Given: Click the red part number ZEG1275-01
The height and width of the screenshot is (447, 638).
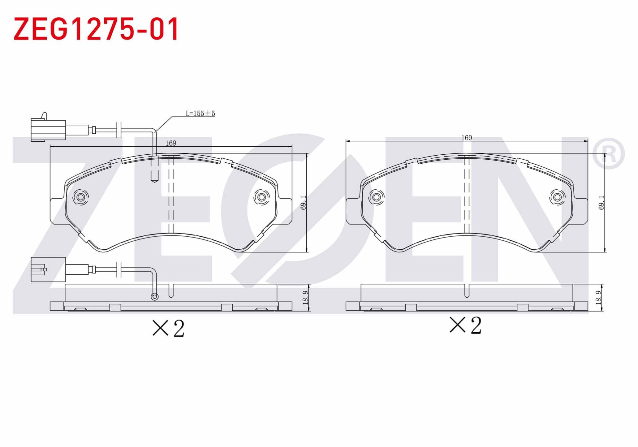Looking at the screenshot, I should coord(96,29).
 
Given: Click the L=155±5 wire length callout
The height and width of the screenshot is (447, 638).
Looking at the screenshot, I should coord(200,113).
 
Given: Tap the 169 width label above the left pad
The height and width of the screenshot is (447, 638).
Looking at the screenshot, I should coord(171,143).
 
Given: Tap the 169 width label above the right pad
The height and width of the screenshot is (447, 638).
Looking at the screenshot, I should coord(467,138).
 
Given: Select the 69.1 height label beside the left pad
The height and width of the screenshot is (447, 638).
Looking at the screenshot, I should coord(303,203).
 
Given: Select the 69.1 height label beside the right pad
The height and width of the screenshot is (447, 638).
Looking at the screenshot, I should coord(601,203).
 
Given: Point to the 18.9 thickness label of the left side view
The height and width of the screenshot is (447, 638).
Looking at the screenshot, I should coord(305,298).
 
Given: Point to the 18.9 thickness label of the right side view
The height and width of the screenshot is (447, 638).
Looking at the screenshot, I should coord(599,298).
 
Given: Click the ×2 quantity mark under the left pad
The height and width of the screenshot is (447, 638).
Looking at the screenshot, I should coord(168,329).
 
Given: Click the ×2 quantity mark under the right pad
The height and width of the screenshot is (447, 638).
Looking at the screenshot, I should coord(465,325).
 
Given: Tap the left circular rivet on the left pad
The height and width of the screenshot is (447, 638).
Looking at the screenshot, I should coord(80,198).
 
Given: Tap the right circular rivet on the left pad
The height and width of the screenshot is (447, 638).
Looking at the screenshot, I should coord(262,198).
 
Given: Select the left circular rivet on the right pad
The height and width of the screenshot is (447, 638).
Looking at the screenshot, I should coord(376,198).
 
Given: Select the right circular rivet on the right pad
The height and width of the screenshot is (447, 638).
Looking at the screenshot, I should coord(557,198).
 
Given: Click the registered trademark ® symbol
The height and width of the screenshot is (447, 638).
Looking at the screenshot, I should coord(608,154).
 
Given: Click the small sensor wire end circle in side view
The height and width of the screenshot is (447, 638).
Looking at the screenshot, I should coord(155,296).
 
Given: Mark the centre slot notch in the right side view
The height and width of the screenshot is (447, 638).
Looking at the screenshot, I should coord(467,291).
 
